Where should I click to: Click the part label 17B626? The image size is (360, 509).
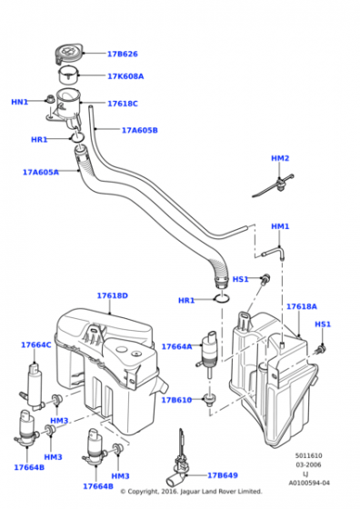[x=123, y=54]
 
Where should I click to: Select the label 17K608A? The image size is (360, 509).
[x=125, y=76]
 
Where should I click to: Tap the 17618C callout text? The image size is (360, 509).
[x=123, y=104]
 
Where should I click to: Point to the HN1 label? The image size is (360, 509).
[x=19, y=102]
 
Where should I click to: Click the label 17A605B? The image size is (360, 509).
[x=140, y=130]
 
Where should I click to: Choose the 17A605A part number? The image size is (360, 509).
[x=40, y=172]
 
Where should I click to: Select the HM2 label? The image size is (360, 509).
[x=280, y=158]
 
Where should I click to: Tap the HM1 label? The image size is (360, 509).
[x=280, y=225]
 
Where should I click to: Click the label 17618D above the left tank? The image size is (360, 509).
[x=113, y=295]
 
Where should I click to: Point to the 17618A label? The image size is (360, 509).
[x=301, y=306]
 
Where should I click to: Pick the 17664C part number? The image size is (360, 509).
[x=36, y=344]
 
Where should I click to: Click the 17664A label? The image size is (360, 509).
[x=176, y=346]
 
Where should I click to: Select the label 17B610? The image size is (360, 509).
[x=176, y=400]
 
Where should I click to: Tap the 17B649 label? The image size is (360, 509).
[x=223, y=474]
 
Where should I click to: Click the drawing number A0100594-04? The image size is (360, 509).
[x=311, y=495]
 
